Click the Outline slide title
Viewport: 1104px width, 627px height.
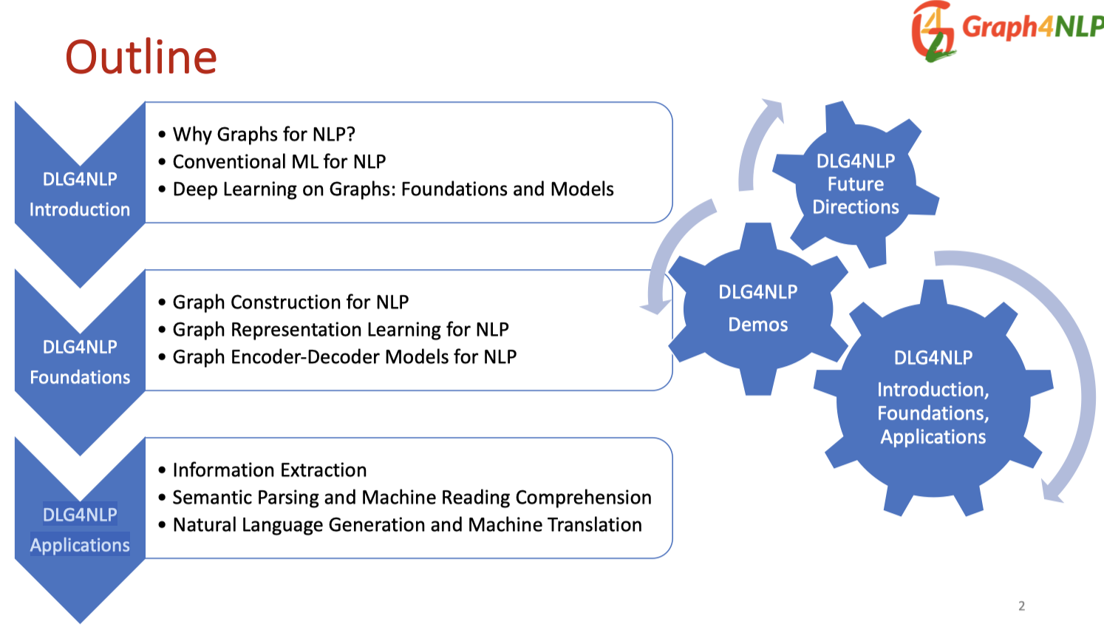(140, 58)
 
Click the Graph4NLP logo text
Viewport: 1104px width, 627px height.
(1032, 27)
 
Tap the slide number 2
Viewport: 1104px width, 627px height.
(1021, 606)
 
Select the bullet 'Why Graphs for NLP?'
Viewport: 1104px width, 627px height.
(264, 135)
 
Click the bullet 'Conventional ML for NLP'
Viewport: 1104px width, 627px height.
(279, 162)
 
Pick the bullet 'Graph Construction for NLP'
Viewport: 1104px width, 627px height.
(290, 302)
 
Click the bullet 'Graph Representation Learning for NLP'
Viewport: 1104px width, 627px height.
(341, 330)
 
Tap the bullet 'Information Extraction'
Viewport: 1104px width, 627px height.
(269, 470)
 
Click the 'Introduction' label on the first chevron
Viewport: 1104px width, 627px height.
(80, 210)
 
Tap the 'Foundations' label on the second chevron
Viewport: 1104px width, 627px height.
(80, 378)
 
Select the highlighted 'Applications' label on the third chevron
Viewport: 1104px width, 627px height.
(80, 546)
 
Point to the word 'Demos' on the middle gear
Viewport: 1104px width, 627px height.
(758, 325)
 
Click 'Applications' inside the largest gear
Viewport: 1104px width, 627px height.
(933, 437)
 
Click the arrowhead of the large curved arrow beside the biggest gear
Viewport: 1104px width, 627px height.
(1052, 492)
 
